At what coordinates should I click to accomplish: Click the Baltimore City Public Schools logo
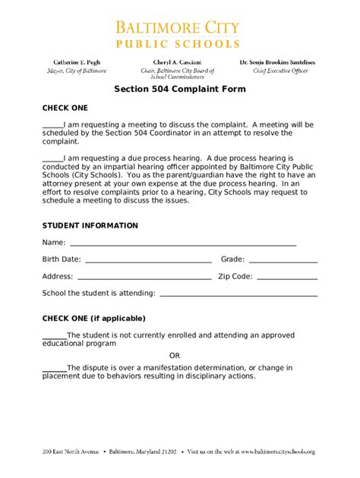pyautogui.click(x=179, y=34)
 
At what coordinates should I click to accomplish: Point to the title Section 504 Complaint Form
pyautogui.click(x=179, y=88)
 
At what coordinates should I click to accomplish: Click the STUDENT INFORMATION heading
pyautogui.click(x=90, y=225)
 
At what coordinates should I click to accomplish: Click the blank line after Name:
pyautogui.click(x=182, y=245)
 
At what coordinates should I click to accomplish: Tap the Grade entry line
pyautogui.click(x=283, y=262)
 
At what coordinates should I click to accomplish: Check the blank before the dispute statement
pyautogui.click(x=54, y=369)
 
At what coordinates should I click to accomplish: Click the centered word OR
pyautogui.click(x=175, y=355)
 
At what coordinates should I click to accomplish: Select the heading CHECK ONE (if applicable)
pyautogui.click(x=93, y=318)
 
